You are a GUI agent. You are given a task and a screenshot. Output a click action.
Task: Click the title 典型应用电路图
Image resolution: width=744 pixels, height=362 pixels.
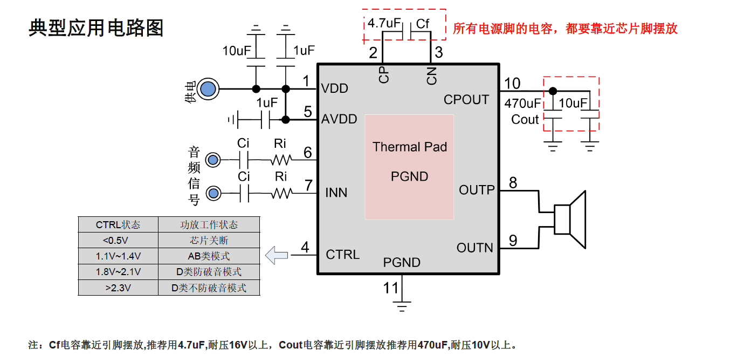click(95, 28)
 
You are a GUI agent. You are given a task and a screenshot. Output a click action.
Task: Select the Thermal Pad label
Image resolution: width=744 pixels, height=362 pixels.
click(410, 147)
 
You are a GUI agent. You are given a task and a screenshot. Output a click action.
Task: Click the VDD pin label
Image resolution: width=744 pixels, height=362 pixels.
click(335, 88)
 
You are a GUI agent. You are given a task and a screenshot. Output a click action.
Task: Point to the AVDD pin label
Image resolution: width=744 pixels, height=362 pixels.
click(339, 119)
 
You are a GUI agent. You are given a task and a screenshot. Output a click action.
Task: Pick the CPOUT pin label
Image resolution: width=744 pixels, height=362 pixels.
click(466, 100)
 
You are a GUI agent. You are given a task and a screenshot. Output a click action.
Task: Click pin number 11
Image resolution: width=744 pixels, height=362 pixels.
click(391, 288)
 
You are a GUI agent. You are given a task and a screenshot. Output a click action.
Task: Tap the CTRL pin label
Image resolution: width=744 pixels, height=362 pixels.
click(343, 254)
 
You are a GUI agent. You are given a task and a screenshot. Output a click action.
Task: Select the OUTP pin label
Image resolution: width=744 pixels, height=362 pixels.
click(477, 190)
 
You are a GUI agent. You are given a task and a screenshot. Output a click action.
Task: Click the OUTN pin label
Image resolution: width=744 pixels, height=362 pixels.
click(475, 248)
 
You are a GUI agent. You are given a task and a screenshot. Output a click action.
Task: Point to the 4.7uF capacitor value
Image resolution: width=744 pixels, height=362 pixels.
click(383, 24)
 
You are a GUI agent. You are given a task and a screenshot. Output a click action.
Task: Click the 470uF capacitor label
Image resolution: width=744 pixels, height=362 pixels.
click(522, 103)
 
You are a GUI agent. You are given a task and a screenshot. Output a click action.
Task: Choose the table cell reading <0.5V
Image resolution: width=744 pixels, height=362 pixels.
click(118, 240)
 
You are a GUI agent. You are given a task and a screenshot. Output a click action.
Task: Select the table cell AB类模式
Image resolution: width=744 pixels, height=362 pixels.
click(209, 256)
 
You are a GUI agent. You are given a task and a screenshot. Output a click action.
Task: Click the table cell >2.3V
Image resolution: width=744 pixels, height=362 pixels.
click(118, 288)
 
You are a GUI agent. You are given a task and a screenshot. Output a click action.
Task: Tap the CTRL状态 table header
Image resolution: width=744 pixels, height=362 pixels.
click(118, 224)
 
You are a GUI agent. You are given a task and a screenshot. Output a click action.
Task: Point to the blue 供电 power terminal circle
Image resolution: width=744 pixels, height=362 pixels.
click(208, 89)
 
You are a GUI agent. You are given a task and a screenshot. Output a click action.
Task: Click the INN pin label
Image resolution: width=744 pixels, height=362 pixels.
click(336, 193)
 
